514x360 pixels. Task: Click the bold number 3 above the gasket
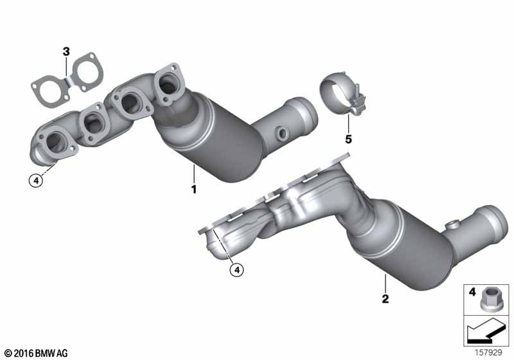(x=66, y=51)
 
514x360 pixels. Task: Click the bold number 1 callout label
(x=194, y=189)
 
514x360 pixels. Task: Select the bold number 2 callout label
(x=385, y=299)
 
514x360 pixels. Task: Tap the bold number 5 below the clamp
(x=348, y=139)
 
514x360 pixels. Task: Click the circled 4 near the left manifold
(x=36, y=181)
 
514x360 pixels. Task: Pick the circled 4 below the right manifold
(x=236, y=270)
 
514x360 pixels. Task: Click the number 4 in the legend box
(x=472, y=291)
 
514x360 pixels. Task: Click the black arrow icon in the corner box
(x=486, y=331)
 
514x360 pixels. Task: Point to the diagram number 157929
(x=488, y=352)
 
